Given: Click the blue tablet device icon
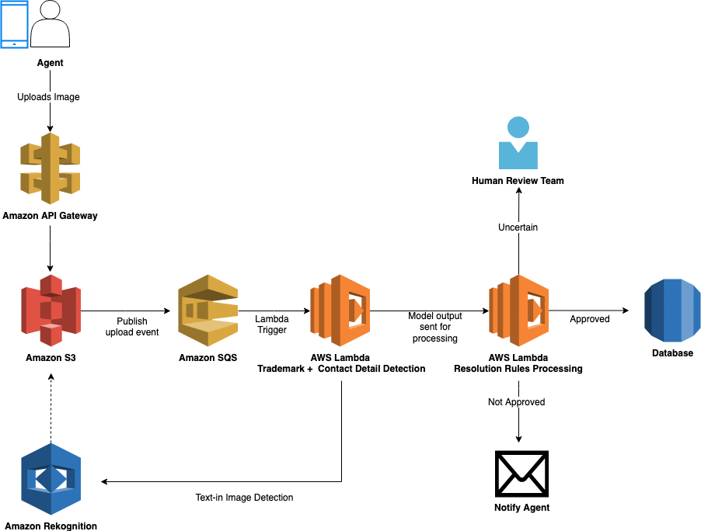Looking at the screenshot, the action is coord(14,24).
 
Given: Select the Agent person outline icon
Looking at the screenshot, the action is coord(51,23).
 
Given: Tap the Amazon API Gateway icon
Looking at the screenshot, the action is coord(50,168).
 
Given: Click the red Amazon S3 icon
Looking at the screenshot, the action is coord(51,311).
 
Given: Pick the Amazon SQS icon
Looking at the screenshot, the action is coord(208,311).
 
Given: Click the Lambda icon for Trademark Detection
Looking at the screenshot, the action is coord(340,311).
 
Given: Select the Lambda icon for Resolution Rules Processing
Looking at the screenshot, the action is coord(518,311).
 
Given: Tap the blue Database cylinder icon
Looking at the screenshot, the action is coord(672,311).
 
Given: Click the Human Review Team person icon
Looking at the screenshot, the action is coord(518,143).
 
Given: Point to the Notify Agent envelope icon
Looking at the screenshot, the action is coord(521,474).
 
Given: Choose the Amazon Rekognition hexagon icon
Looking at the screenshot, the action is coord(51,479).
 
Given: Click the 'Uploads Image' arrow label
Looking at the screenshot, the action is coord(48,97).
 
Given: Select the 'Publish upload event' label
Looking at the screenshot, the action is coord(132,327).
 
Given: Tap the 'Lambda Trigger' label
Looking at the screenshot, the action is coord(272,324).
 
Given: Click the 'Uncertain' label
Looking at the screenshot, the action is coord(518,227).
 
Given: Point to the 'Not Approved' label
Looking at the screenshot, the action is coord(516,402).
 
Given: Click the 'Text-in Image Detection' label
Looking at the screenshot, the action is coord(244,498).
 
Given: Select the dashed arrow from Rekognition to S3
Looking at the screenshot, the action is coord(51,408).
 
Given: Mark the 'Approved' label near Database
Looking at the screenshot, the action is coord(590,319).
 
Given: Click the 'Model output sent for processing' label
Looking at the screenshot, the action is coord(435,327).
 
